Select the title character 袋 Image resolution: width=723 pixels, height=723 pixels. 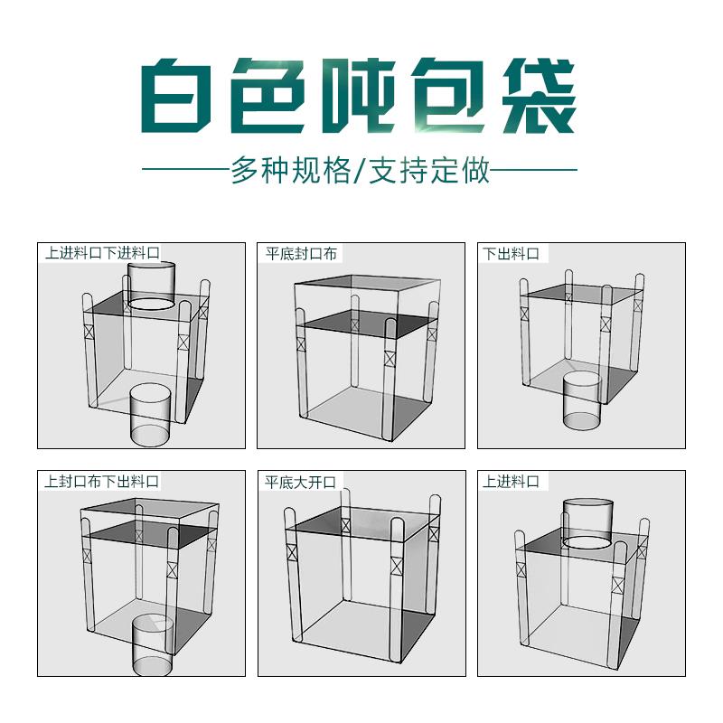pos(540,96)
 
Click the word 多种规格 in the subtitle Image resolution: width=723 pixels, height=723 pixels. pos(291,170)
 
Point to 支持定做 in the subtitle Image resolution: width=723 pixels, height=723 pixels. pos(429,170)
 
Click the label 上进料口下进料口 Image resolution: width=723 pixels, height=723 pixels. pos(102,253)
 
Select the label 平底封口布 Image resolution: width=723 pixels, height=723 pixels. pos(301,254)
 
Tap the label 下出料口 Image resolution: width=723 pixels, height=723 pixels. pos(511,254)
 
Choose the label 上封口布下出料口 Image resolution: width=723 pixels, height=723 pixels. pos(101,482)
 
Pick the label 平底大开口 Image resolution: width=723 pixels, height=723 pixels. pos(300,483)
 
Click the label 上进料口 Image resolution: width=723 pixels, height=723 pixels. pos(511,482)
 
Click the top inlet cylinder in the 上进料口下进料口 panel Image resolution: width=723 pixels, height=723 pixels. pos(151,286)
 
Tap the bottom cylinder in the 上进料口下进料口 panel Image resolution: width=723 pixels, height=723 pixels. pos(150,415)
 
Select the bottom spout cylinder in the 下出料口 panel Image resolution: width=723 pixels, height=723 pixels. pos(582,400)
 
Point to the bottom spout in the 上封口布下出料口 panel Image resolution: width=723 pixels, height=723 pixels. pos(153,645)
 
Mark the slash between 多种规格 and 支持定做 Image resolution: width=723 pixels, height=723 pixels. pos(360,171)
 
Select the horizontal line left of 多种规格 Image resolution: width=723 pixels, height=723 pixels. pos(186,169)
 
